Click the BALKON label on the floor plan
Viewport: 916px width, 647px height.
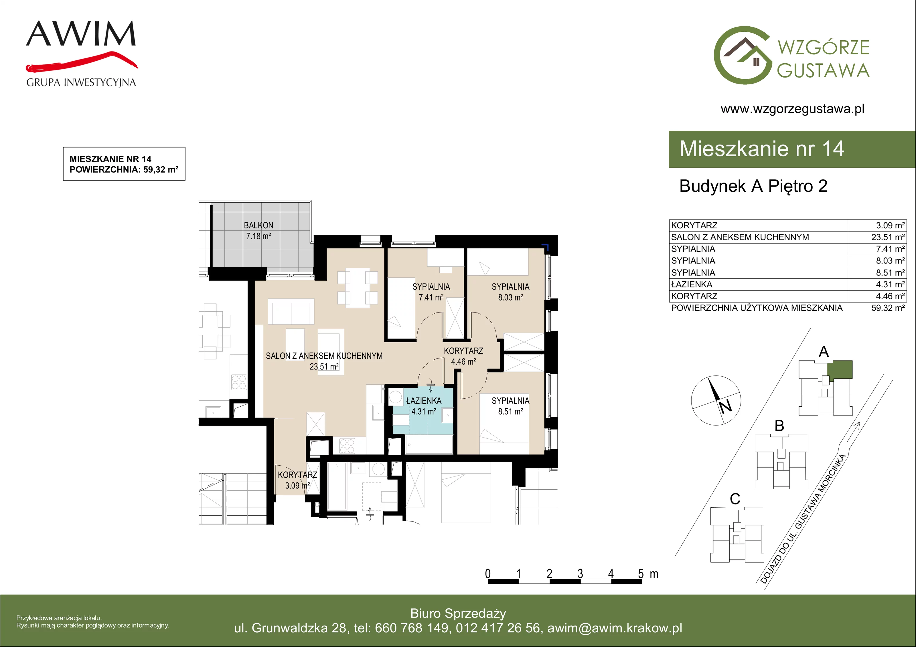pyautogui.click(x=258, y=225)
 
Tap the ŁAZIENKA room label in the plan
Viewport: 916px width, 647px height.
pyautogui.click(x=424, y=401)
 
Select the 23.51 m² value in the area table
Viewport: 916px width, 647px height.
pyautogui.click(x=888, y=237)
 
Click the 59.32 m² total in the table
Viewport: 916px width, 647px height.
pyautogui.click(x=888, y=308)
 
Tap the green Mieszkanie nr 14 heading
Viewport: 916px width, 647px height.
pyautogui.click(x=762, y=149)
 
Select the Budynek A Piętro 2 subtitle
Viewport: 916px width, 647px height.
pyautogui.click(x=753, y=186)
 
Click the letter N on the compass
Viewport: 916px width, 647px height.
pyautogui.click(x=726, y=406)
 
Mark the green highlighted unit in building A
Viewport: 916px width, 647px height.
pyautogui.click(x=839, y=369)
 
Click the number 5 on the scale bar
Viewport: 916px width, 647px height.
pyautogui.click(x=641, y=574)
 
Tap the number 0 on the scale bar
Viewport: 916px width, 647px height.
pyautogui.click(x=487, y=574)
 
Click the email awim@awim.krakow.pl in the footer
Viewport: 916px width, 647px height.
pyautogui.click(x=615, y=628)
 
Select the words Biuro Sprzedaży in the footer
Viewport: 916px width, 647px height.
pyautogui.click(x=458, y=614)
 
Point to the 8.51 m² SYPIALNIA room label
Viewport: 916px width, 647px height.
pyautogui.click(x=510, y=406)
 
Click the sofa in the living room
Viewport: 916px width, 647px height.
pyautogui.click(x=291, y=312)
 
